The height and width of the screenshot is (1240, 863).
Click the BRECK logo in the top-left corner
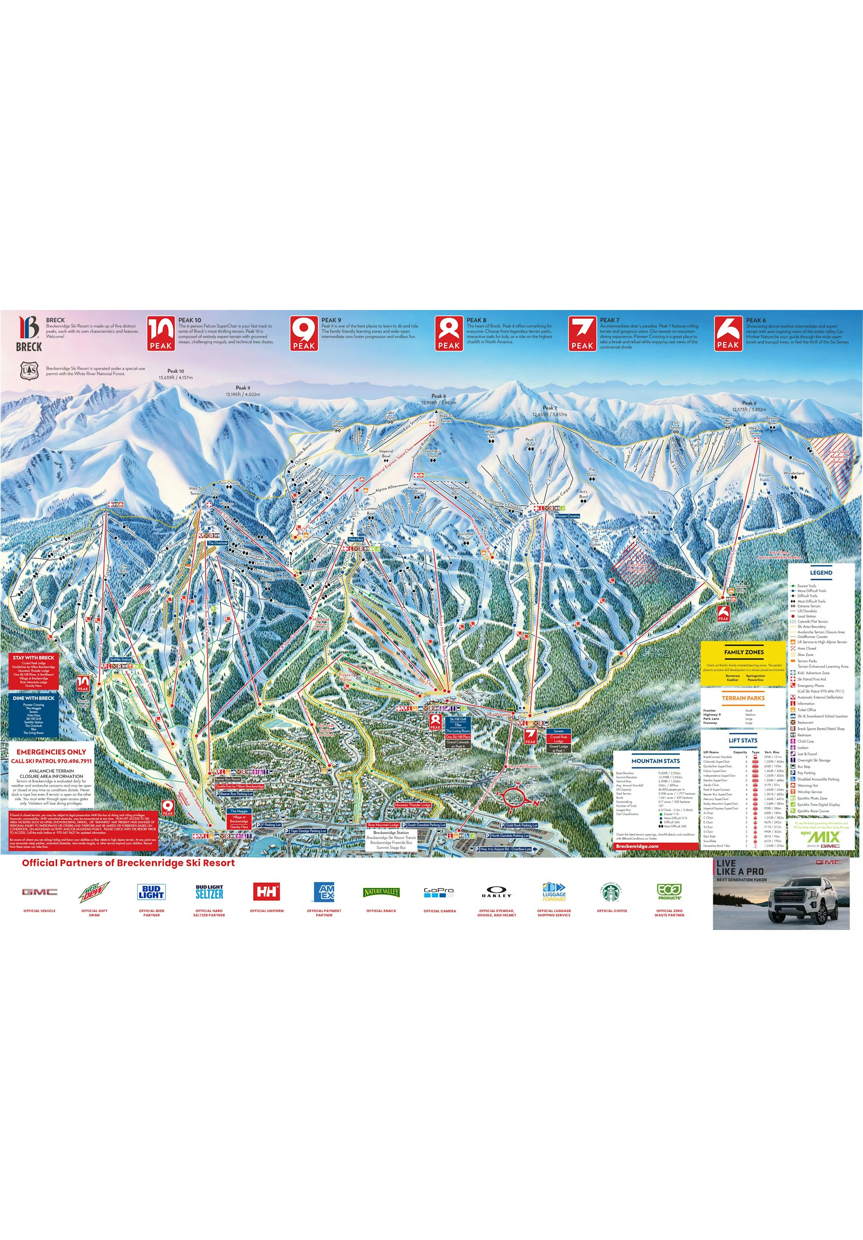[x=29, y=334]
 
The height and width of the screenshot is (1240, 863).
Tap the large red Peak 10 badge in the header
[x=161, y=333]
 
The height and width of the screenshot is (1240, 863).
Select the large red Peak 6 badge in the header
[x=728, y=333]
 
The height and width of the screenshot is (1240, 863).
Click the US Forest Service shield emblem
[x=29, y=371]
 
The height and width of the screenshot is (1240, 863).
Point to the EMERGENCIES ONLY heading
[x=51, y=752]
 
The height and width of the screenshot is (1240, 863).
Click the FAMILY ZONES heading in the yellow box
[x=743, y=652]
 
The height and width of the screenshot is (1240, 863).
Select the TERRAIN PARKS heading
[x=743, y=698]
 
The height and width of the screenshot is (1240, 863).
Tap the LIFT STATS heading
[x=743, y=740]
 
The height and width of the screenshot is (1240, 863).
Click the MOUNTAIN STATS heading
[x=655, y=761]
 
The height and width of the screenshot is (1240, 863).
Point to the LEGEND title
[x=821, y=572]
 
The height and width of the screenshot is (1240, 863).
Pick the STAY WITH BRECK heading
[x=34, y=658]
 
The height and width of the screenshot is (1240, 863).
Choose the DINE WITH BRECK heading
[x=34, y=698]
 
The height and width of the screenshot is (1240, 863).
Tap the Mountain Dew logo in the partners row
[x=94, y=892]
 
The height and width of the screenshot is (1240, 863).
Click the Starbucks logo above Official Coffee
[x=612, y=892]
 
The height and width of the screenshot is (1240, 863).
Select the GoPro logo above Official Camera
[x=439, y=892]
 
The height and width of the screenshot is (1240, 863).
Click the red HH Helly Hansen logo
[x=267, y=892]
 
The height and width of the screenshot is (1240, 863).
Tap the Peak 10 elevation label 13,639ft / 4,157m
[x=176, y=377]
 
